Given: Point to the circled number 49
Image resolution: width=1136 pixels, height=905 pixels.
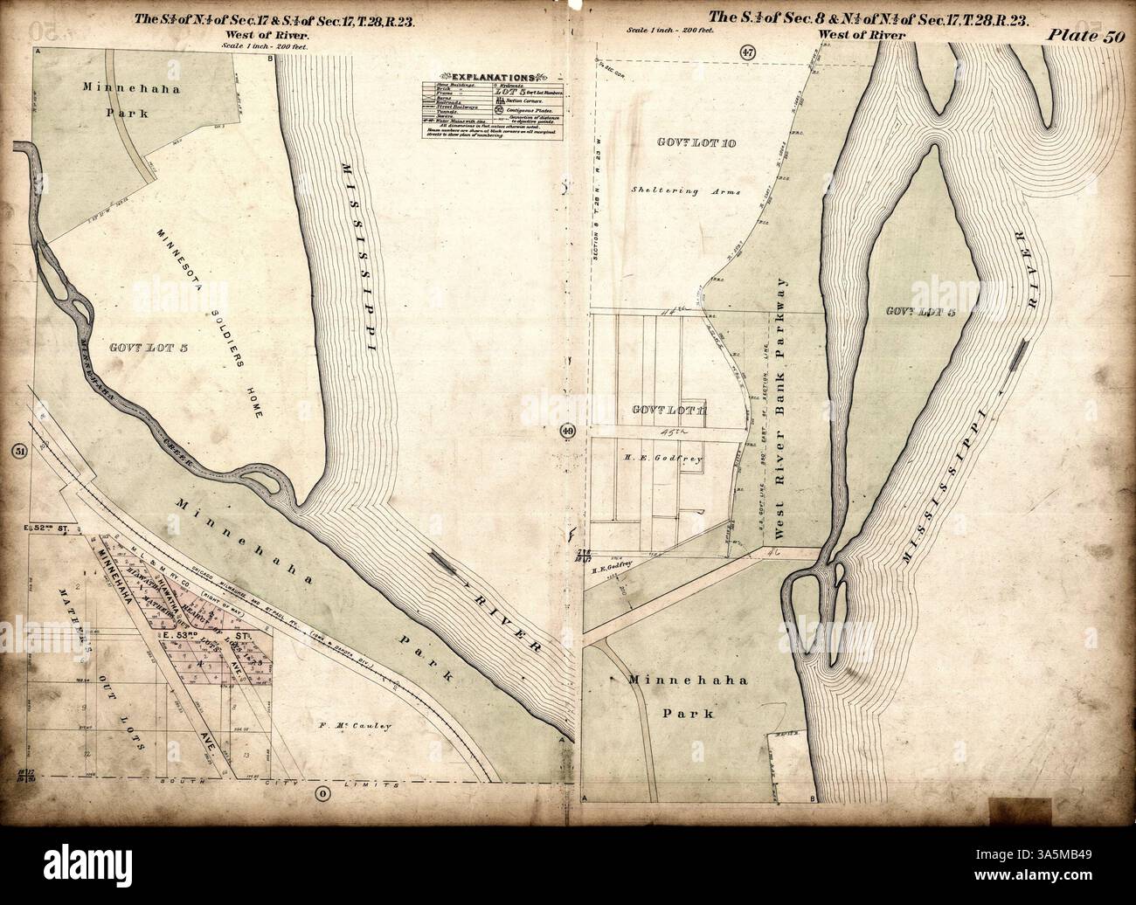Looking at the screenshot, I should (x=569, y=430).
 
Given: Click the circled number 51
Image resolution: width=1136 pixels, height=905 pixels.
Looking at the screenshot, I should (x=17, y=451).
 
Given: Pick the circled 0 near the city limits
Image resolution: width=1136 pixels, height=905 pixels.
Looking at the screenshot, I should (x=322, y=792).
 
